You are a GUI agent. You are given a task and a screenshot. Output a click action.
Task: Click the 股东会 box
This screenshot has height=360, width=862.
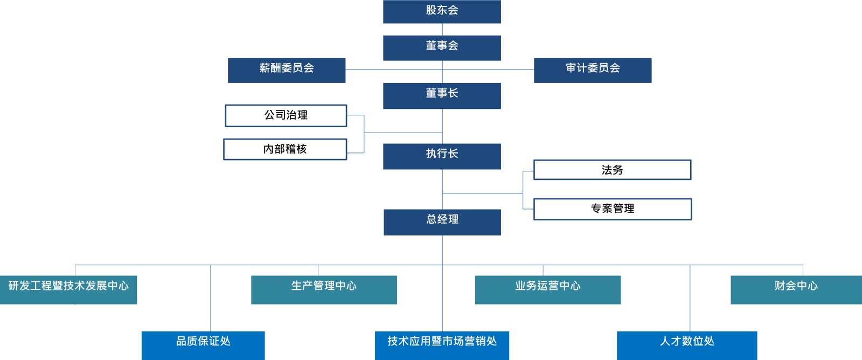pos(442,11)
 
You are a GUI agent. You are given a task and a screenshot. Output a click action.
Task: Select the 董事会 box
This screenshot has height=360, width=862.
pos(442,47)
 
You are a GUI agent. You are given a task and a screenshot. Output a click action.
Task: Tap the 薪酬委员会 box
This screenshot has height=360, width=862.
pos(287,70)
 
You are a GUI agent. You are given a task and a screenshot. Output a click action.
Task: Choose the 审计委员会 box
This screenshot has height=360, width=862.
pos(593,70)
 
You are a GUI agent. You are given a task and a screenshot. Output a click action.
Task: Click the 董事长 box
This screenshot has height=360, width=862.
pos(442,95)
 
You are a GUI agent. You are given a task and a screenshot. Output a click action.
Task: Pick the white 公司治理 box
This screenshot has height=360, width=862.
pos(286,115)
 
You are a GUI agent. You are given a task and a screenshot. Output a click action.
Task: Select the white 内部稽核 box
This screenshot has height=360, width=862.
pos(285,149)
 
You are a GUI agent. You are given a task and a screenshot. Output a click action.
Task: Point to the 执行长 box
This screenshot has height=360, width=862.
pos(442,156)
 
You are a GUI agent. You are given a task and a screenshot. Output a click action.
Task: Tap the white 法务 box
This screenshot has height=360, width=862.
pos(612,170)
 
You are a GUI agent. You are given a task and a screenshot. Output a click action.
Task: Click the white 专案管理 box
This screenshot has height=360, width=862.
pos(613,209)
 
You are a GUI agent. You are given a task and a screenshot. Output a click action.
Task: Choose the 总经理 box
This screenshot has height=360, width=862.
pos(442,222)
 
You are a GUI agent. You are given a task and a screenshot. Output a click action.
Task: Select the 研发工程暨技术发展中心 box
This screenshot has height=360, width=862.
pos(68,289)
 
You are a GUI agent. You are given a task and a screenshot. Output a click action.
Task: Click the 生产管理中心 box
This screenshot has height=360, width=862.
pos(324,289)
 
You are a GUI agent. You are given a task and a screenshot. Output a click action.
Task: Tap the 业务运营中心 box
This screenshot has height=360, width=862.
pos(547,289)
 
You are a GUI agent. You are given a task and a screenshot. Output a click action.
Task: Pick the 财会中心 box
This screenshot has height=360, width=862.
pos(796,289)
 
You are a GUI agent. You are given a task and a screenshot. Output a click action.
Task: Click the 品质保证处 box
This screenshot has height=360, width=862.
pos(203,345)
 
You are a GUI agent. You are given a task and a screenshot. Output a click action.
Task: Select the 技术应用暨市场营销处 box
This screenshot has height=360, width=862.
pos(442,345)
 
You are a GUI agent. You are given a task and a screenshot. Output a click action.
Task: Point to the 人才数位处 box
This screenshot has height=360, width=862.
pos(687,345)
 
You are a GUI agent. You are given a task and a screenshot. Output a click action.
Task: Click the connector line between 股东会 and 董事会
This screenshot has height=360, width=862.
pos(442,29)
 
